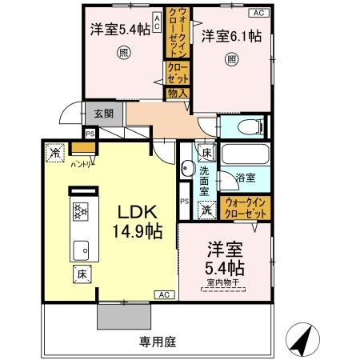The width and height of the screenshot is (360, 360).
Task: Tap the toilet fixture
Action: [244, 126]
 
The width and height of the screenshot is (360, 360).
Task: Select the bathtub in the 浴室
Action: [244, 156]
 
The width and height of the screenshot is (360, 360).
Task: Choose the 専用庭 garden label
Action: [157, 342]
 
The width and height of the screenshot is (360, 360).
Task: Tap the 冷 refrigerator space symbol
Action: [55, 152]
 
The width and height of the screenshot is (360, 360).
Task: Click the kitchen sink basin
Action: [81, 249]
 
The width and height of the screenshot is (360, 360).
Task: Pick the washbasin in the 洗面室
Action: [186, 169]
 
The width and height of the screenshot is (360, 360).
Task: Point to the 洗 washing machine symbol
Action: [206, 210]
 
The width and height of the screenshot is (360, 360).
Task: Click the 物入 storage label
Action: [178, 94]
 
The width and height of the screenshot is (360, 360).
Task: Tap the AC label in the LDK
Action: [164, 294]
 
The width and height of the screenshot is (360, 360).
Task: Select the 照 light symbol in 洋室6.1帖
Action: [231, 58]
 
